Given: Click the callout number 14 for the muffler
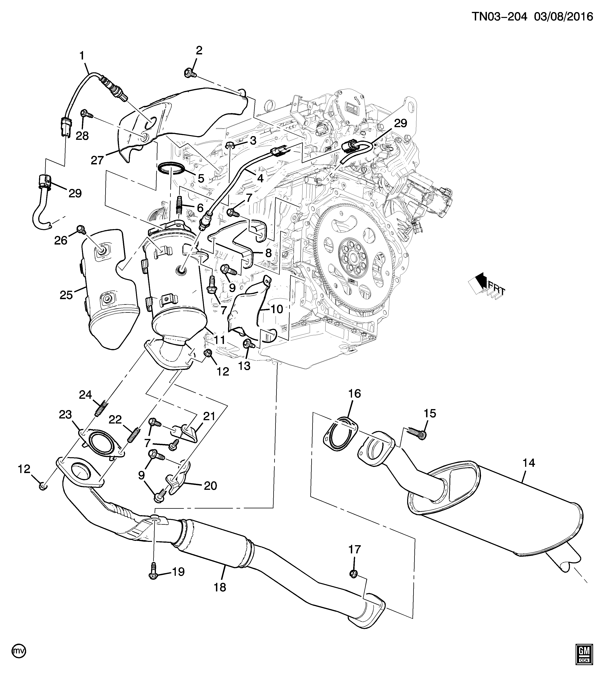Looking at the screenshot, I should pos(529,463).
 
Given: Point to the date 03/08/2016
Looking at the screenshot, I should pos(563,17).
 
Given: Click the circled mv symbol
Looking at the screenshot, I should pos(19,658).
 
